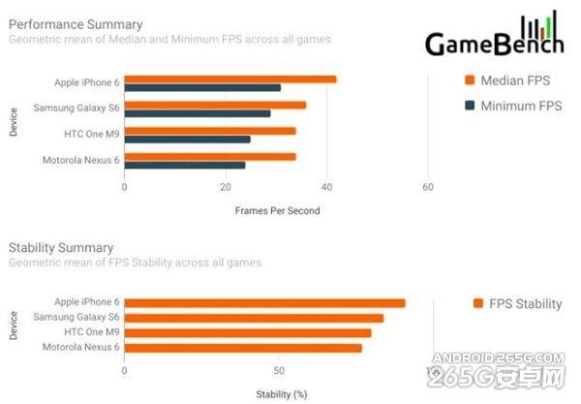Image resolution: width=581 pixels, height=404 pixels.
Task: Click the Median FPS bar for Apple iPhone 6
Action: click(x=230, y=79)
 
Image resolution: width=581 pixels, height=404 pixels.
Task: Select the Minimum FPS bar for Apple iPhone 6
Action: click(x=202, y=88)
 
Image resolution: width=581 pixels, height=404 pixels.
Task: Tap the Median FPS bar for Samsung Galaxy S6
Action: click(x=215, y=105)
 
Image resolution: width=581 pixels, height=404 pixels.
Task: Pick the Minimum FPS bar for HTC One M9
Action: click(x=187, y=139)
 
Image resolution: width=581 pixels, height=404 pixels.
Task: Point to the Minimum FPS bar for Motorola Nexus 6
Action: click(x=185, y=165)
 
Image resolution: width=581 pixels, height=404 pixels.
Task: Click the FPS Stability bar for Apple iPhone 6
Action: click(x=264, y=303)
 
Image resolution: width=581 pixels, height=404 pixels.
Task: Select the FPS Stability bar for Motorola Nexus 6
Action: click(x=243, y=348)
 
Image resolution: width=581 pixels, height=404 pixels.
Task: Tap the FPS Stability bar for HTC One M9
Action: click(x=248, y=333)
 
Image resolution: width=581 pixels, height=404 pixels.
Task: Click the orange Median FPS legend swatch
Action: click(x=470, y=80)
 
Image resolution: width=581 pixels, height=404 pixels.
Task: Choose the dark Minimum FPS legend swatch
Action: click(x=470, y=106)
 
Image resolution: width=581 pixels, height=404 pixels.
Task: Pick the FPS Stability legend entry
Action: click(x=517, y=304)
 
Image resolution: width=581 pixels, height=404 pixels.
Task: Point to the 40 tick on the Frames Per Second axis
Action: click(x=326, y=187)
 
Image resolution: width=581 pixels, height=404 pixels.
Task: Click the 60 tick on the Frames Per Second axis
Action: click(x=427, y=187)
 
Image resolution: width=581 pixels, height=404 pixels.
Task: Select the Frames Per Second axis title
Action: click(x=277, y=210)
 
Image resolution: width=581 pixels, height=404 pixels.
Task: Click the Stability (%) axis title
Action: click(x=281, y=393)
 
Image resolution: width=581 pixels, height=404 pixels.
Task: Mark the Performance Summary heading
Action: click(x=76, y=23)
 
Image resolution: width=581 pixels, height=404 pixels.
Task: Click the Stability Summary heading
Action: click(x=61, y=247)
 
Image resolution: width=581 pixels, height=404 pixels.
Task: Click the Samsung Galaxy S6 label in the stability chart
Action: click(x=76, y=318)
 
